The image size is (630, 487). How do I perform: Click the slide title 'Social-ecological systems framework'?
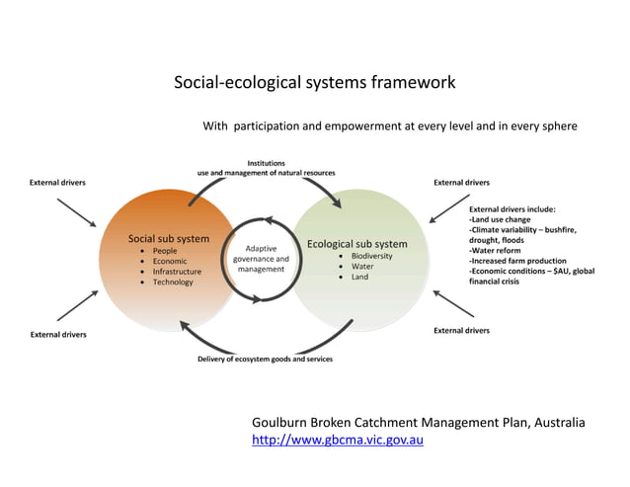click(x=314, y=83)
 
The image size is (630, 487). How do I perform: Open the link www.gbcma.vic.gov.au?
click(x=338, y=440)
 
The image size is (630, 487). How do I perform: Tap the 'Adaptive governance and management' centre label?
click(x=261, y=259)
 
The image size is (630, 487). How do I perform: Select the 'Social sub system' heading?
click(x=169, y=239)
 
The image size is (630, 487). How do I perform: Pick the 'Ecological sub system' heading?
click(x=356, y=244)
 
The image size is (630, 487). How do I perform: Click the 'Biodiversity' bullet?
click(x=371, y=256)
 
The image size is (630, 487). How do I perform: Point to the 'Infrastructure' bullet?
click(x=177, y=272)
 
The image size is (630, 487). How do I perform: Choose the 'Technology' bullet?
click(x=173, y=283)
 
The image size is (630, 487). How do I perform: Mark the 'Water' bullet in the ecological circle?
click(x=362, y=267)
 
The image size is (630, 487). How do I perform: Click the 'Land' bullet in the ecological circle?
click(x=359, y=278)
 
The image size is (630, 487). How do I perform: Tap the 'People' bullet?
click(x=165, y=251)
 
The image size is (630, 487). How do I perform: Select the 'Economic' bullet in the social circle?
click(x=170, y=262)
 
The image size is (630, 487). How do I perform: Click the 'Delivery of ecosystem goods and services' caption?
click(x=266, y=360)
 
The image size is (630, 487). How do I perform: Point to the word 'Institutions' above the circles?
click(x=268, y=162)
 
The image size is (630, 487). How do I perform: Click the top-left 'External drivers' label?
click(x=57, y=183)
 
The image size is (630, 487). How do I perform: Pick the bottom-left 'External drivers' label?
click(x=57, y=335)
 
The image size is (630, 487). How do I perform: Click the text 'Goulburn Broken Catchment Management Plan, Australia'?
click(x=418, y=422)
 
